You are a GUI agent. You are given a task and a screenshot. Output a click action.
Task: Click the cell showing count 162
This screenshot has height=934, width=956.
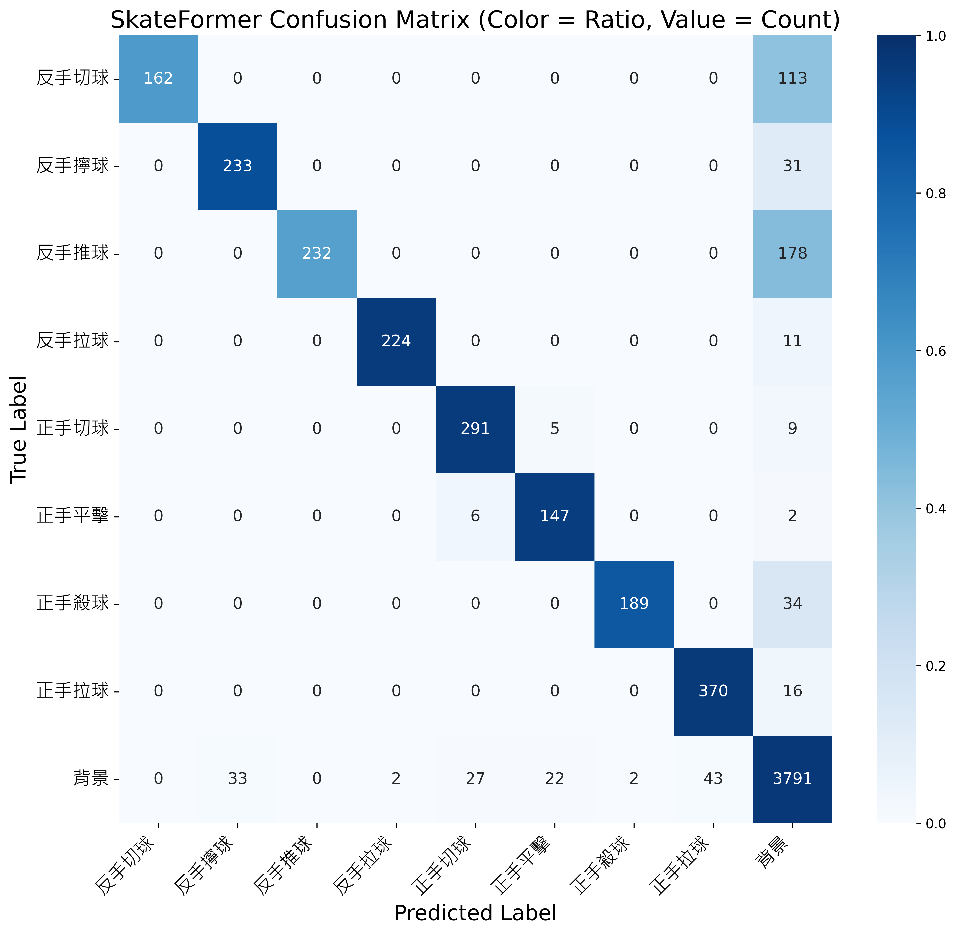[x=158, y=79]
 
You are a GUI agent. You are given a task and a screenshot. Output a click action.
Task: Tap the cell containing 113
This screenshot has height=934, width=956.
[x=792, y=79]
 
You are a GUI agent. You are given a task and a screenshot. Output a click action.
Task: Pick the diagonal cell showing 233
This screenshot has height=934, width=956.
[x=237, y=166]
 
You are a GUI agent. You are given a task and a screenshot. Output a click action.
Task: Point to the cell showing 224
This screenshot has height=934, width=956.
[x=396, y=341]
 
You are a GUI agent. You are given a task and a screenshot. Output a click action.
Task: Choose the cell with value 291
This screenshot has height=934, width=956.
[x=475, y=428]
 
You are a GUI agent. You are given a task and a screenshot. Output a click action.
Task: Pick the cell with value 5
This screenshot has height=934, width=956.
[x=554, y=428]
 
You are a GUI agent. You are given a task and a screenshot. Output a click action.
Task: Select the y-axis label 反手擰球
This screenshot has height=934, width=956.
[x=73, y=166]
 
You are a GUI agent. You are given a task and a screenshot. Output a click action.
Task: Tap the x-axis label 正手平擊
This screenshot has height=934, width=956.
[x=522, y=866]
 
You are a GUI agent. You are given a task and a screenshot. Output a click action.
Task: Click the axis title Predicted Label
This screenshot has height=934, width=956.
[x=475, y=913]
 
